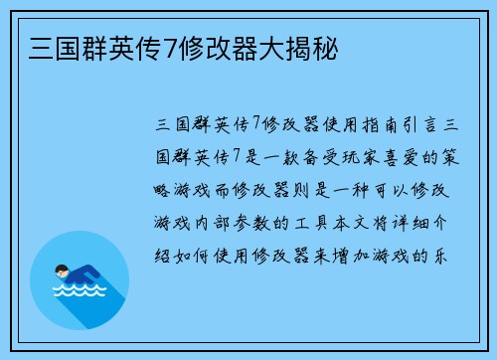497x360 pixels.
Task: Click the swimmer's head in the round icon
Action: click(62, 270)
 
